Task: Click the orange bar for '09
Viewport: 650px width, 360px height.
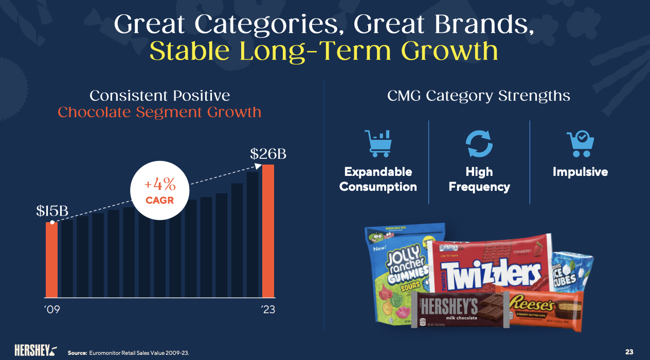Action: tap(51, 260)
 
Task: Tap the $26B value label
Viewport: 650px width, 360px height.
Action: tap(268, 154)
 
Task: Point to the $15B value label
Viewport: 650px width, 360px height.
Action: tap(52, 211)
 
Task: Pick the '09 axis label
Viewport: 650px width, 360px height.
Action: tap(51, 310)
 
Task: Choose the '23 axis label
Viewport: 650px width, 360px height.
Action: tap(268, 310)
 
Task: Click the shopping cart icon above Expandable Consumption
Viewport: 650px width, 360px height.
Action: tap(377, 143)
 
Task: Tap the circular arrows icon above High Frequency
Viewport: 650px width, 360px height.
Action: tap(479, 143)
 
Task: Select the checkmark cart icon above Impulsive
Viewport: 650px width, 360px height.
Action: tap(580, 143)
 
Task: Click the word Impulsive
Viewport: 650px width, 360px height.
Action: tap(580, 172)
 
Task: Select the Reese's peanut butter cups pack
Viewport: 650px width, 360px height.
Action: tap(545, 309)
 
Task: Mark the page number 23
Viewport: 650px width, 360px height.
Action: tap(629, 352)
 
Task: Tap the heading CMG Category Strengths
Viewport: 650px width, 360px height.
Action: tap(479, 96)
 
